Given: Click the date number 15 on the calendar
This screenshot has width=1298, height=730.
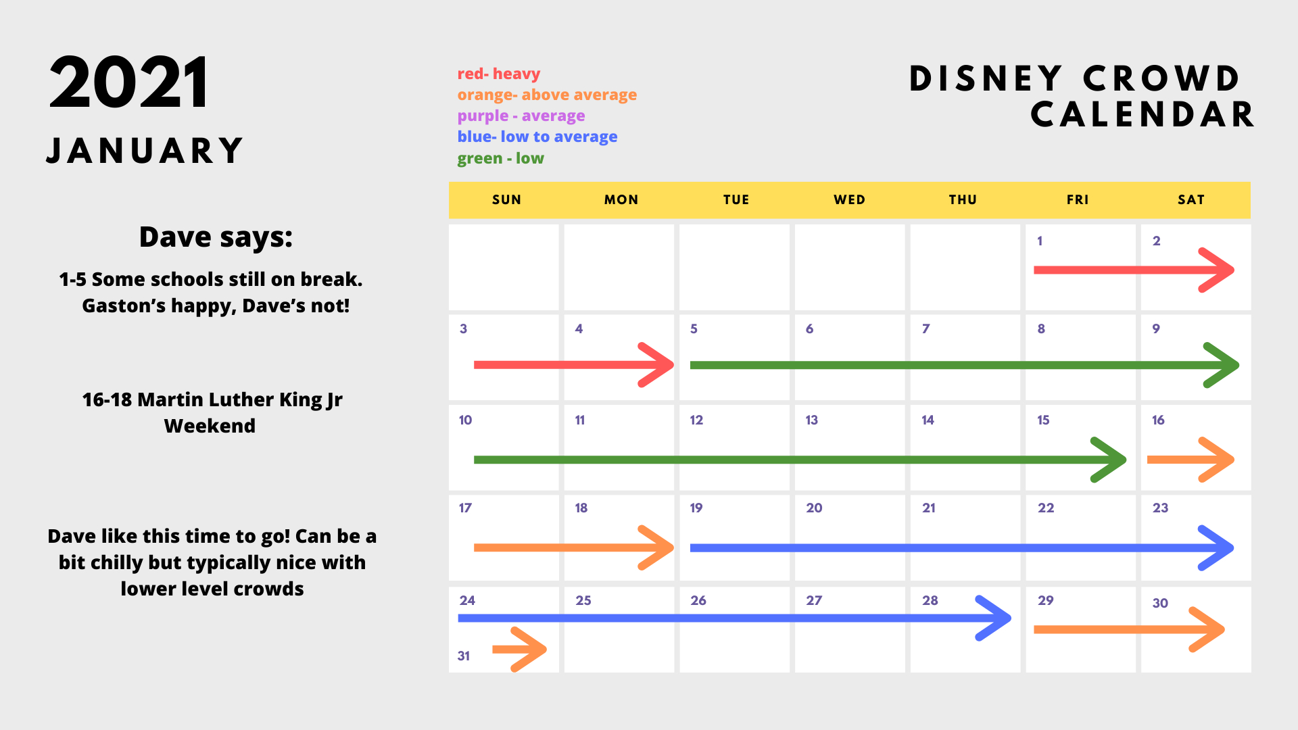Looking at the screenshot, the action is (x=1043, y=420).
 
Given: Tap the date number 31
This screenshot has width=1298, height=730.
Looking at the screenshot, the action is (x=464, y=656).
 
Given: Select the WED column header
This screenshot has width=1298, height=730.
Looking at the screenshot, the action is (x=850, y=199).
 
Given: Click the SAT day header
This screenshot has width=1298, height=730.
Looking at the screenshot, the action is (x=1191, y=199).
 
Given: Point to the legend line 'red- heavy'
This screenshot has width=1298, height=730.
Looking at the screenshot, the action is (x=499, y=74).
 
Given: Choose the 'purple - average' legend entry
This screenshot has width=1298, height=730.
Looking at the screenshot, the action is (x=521, y=116).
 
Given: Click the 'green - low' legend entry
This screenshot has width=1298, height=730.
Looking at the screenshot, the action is (x=500, y=158).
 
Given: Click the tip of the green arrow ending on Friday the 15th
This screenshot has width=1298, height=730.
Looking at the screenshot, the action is (x=1125, y=460).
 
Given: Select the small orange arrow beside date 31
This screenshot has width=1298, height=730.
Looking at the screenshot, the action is (x=519, y=650).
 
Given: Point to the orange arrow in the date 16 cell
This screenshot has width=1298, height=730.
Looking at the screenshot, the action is (x=1191, y=460).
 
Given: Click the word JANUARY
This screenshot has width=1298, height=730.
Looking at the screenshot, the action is (x=145, y=150).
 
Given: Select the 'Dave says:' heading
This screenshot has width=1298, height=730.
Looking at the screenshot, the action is (x=216, y=237).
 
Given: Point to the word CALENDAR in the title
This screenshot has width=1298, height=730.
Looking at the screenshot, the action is (x=1142, y=114).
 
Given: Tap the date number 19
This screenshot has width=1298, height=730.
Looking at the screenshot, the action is (x=696, y=508).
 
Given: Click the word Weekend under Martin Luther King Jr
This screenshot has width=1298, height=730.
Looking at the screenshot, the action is (x=210, y=426).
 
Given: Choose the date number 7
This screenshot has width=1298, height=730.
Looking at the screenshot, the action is (x=926, y=328).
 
